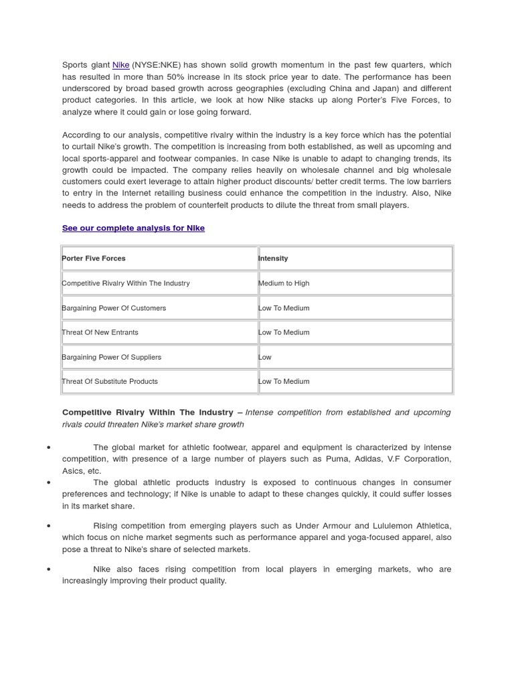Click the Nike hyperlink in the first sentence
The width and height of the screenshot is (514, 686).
click(120, 65)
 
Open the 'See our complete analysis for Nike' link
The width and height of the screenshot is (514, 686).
click(133, 228)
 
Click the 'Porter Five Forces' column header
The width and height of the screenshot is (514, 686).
click(94, 258)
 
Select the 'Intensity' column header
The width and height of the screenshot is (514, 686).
click(273, 258)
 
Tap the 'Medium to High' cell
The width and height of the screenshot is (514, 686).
click(284, 283)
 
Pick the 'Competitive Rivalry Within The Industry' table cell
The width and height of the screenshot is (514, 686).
click(126, 283)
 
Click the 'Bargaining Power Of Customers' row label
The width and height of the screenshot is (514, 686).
click(114, 308)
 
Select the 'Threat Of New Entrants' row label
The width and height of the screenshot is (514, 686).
click(100, 332)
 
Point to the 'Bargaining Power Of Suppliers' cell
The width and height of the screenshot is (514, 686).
click(111, 357)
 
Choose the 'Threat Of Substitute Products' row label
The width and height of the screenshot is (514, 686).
click(110, 381)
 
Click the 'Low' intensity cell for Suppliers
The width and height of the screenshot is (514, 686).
click(265, 357)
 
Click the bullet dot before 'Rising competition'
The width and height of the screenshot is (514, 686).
click(49, 526)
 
